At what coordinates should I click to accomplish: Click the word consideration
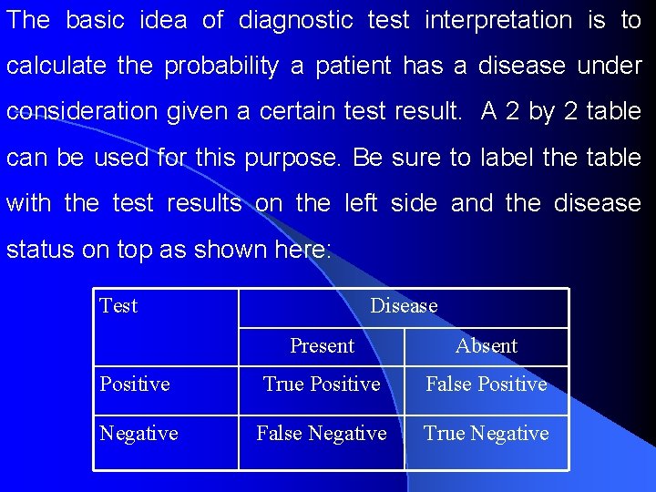pyautogui.click(x=82, y=112)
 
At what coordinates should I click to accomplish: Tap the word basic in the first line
pyautogui.click(x=99, y=21)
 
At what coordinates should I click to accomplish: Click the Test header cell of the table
pyautogui.click(x=118, y=306)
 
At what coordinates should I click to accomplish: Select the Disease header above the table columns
pyautogui.click(x=404, y=306)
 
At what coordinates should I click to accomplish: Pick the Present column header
pyautogui.click(x=322, y=346)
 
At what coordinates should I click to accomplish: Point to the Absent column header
pyautogui.click(x=487, y=346)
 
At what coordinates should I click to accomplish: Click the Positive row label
pyautogui.click(x=135, y=384)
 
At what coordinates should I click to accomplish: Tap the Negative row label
pyautogui.click(x=138, y=434)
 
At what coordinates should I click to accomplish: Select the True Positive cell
pyautogui.click(x=322, y=384)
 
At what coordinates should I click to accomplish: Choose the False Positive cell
pyautogui.click(x=487, y=384)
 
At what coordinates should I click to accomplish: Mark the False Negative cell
pyautogui.click(x=322, y=434)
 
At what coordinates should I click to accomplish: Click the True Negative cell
pyautogui.click(x=487, y=434)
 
